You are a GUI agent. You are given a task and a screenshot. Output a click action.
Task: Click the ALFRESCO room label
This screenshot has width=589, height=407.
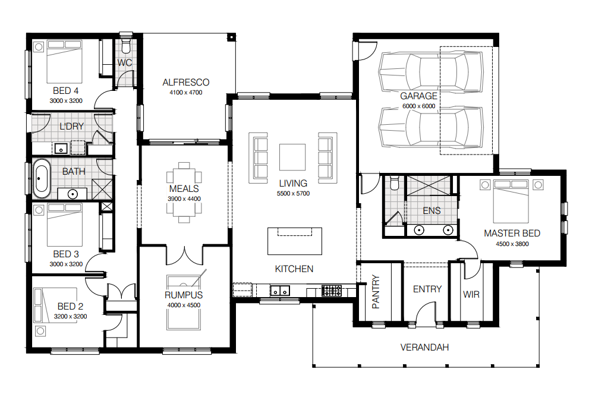pos(186,82)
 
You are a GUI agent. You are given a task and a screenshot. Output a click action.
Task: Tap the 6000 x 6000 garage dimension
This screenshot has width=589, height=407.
pos(419,106)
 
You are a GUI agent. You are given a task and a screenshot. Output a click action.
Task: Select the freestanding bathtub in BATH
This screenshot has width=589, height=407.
pos(42,179)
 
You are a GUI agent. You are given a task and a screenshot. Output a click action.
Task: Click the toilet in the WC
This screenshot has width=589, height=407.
pos(125,45)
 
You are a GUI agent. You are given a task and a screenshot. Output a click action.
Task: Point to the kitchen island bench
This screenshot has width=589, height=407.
pos(295,241)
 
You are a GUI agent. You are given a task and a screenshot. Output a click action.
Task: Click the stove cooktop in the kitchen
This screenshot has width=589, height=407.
pos(332,291)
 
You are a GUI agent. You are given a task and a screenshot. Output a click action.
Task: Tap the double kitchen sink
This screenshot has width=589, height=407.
pos(280,291)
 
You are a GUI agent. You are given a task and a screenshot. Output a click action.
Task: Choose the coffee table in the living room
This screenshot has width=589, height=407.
pos(292,157)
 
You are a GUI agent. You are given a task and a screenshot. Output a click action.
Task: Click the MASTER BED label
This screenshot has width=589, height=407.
pos(512,233)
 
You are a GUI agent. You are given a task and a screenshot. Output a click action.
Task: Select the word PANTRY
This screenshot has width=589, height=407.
pos(376,292)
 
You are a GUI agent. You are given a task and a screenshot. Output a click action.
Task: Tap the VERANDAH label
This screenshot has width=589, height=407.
pos(424,348)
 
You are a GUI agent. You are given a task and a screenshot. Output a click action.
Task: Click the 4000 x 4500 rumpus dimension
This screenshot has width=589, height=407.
pos(184,305)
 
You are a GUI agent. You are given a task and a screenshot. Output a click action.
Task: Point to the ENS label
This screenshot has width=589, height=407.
pos(431,211)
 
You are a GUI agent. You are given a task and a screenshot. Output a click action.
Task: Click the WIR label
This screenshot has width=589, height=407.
pos(471,294)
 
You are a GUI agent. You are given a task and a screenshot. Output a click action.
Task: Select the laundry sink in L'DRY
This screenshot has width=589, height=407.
pos(61,149)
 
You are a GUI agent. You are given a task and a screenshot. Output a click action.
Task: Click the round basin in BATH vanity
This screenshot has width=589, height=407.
pos(73,194)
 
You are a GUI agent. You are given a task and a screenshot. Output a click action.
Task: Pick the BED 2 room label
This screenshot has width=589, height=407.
pos(70,307)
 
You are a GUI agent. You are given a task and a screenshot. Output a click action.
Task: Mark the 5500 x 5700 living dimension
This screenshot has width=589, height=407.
pos(294,194)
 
